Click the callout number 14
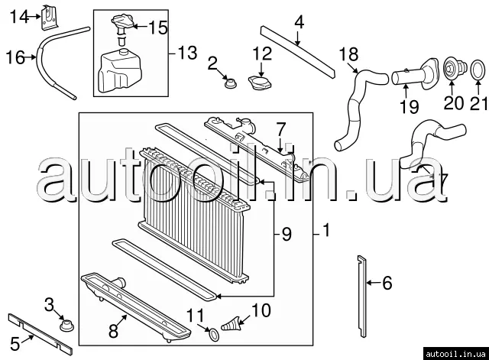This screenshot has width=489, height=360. pyautogui.click(x=19, y=17)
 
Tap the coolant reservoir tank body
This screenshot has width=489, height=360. pyautogui.click(x=120, y=71)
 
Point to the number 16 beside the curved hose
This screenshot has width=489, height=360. pyautogui.click(x=15, y=57)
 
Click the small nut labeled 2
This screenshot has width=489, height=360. pyautogui.click(x=230, y=83)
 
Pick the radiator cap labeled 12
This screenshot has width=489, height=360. pyautogui.click(x=260, y=83)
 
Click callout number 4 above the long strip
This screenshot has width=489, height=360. pyautogui.click(x=299, y=22)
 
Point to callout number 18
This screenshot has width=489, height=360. pyautogui.click(x=348, y=54)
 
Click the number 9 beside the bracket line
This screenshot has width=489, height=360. pyautogui.click(x=287, y=234)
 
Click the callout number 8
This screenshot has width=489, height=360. pyautogui.click(x=113, y=331)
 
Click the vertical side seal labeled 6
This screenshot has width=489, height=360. pyautogui.click(x=362, y=297)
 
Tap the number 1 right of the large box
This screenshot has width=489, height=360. pyautogui.click(x=326, y=230)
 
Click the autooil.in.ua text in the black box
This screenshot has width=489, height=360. pyautogui.click(x=455, y=354)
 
